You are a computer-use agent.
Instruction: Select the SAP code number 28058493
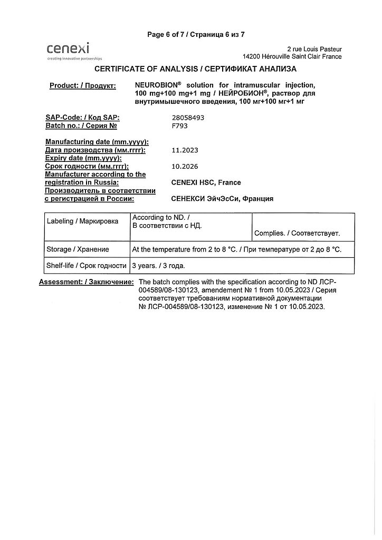pos(188,118)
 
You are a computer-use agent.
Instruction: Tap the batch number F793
pos(180,126)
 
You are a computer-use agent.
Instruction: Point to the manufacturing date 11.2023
pos(185,150)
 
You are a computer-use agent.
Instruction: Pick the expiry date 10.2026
pos(185,167)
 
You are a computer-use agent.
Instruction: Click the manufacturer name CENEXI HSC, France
pos(206,182)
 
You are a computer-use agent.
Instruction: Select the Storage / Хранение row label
pos(78,249)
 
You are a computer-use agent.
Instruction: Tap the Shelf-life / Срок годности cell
pos(87,266)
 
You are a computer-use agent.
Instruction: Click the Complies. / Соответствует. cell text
pos(297,233)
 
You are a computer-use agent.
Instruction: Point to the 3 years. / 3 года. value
pos(158,266)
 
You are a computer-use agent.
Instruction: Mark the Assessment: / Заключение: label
pos(87,282)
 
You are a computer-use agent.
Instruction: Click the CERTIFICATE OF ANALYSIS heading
pos(195,69)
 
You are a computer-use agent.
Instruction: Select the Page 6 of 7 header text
pos(196,35)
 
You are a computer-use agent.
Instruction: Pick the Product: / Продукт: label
pos(83,86)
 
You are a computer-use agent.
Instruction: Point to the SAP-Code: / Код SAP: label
pos(82,118)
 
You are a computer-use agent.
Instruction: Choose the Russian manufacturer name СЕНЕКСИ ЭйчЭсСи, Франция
pos(223,199)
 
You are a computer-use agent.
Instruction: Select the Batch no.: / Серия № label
pos(81,126)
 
